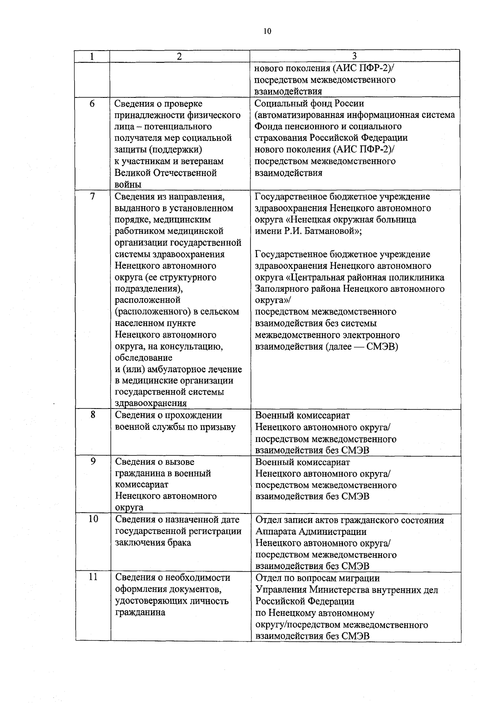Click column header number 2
click(179, 56)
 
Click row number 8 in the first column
click(93, 415)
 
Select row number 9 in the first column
click(93, 461)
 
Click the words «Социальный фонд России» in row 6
click(309, 103)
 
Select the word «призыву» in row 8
click(218, 427)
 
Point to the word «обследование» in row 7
click(143, 358)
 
